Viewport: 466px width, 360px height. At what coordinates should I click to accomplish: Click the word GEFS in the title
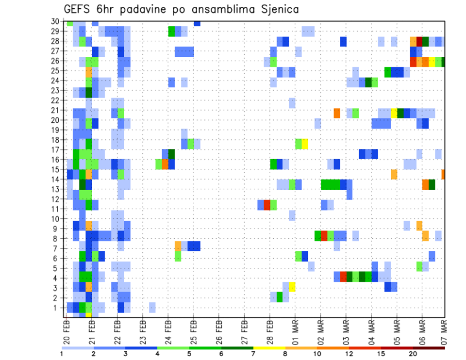(x=77, y=10)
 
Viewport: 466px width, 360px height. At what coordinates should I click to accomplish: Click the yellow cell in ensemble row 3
(x=292, y=287)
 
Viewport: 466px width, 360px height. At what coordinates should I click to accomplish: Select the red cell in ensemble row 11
(x=267, y=205)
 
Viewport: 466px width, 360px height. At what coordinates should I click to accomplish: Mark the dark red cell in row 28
(x=419, y=41)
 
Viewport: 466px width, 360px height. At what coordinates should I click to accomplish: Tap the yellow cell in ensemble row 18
(x=305, y=144)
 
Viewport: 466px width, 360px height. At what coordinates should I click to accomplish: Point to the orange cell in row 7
(x=178, y=245)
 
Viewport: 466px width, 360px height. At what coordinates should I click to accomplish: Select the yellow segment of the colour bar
(x=269, y=347)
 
